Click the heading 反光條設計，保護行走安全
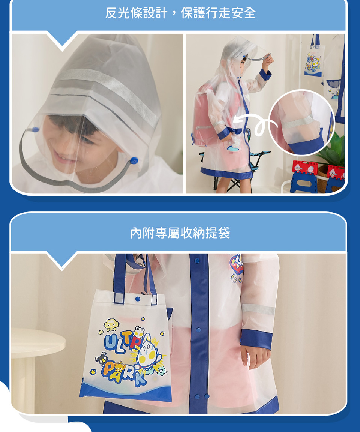180,13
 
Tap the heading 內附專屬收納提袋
180,233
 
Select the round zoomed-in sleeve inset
302,122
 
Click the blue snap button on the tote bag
138,299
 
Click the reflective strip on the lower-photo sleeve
258,309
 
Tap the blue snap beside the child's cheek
134,160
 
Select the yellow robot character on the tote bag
110,324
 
